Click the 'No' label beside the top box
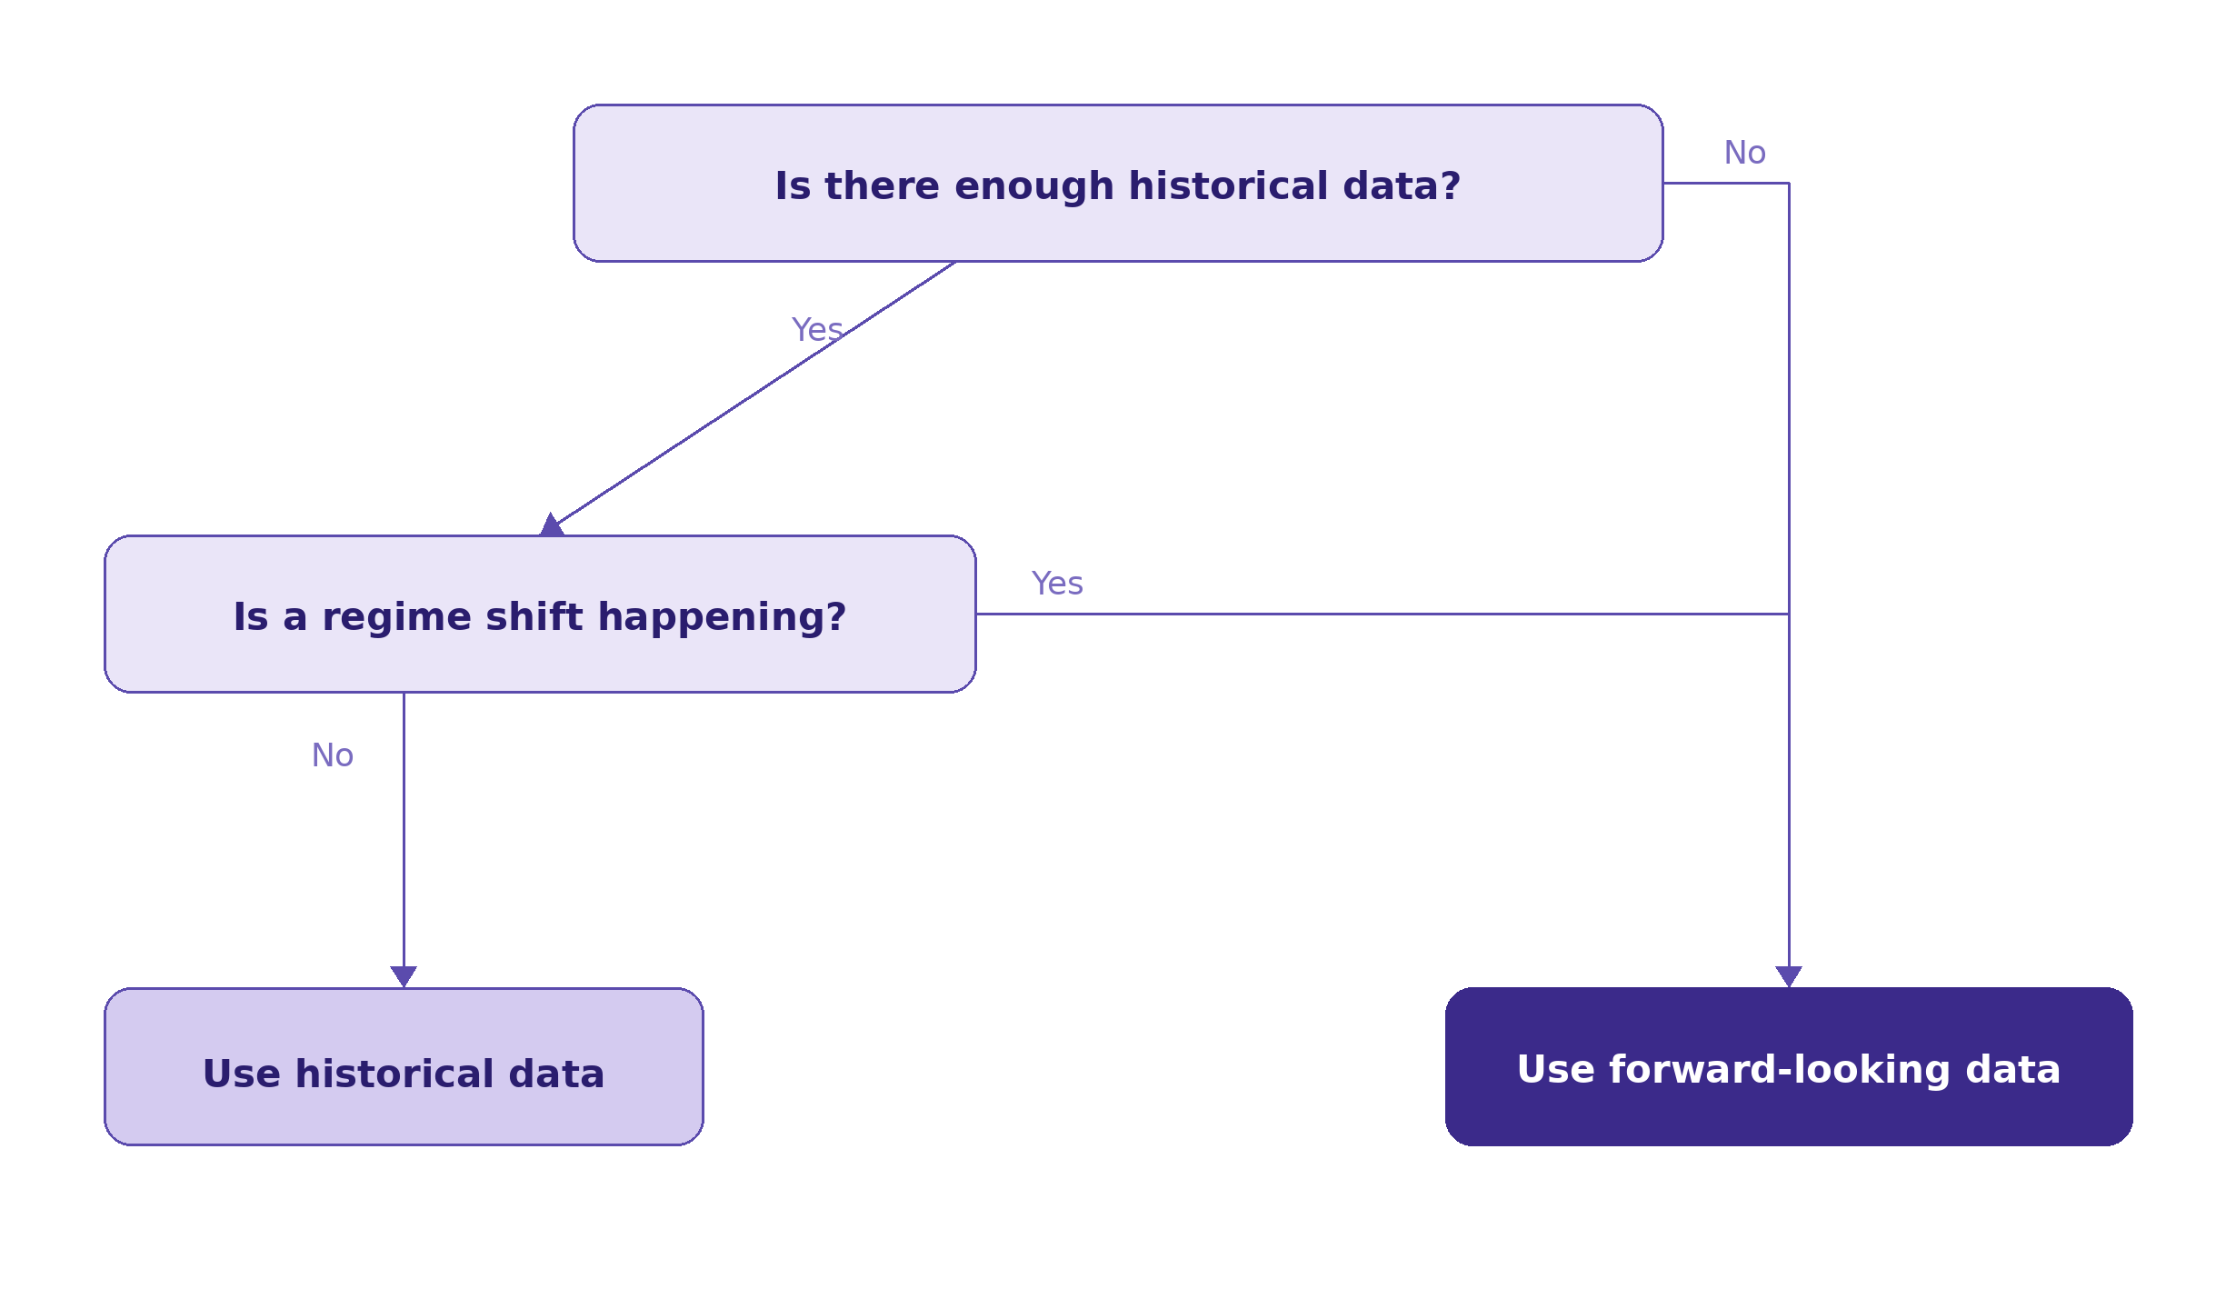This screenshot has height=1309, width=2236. pyautogui.click(x=1744, y=153)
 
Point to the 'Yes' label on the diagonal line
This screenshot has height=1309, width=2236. pyautogui.click(x=816, y=330)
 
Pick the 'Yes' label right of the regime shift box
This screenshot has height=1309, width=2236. pyautogui.click(x=1056, y=584)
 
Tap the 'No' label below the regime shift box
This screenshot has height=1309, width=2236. pyautogui.click(x=332, y=755)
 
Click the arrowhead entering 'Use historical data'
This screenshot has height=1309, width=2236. pyautogui.click(x=404, y=975)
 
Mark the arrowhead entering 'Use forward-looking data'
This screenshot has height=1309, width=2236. pyautogui.click(x=1789, y=975)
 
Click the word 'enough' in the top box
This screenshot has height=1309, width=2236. pyautogui.click(x=1033, y=186)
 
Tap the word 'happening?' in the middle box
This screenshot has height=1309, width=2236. pyautogui.click(x=722, y=618)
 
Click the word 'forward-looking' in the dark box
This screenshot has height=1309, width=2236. pyautogui.click(x=1779, y=1070)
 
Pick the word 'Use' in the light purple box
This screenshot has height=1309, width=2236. pyautogui.click(x=241, y=1074)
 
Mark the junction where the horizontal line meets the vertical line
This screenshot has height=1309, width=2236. pyautogui.click(x=1789, y=614)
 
